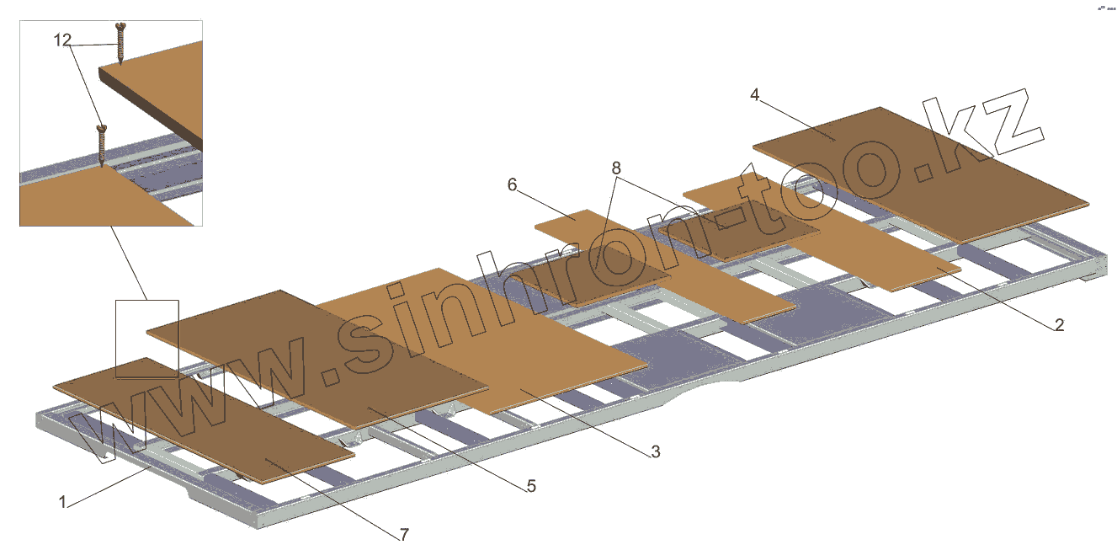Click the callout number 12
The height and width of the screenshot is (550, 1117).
click(62, 40)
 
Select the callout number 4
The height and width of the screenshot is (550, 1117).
click(755, 95)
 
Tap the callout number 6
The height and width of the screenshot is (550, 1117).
click(512, 184)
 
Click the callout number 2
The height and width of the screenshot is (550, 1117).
click(1058, 324)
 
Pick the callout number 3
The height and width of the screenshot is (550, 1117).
click(654, 452)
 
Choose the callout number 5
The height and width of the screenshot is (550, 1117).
click(530, 486)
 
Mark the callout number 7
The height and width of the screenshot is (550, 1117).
click(404, 534)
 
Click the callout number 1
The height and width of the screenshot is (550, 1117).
click(62, 502)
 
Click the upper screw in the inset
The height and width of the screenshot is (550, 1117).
click(120, 42)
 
